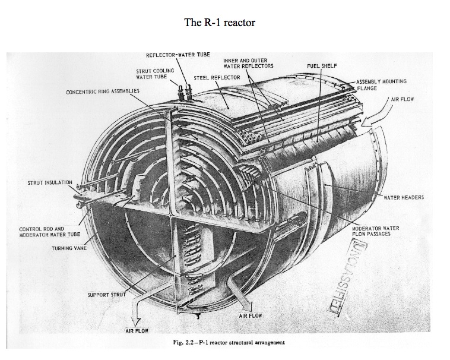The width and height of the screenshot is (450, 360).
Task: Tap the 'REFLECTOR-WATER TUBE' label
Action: pyautogui.click(x=178, y=55)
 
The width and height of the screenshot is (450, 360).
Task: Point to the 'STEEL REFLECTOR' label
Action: pyautogui.click(x=217, y=77)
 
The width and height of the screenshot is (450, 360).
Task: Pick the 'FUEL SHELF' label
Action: pyautogui.click(x=322, y=66)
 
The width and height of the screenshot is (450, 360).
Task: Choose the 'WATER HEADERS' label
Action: pyautogui.click(x=404, y=198)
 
